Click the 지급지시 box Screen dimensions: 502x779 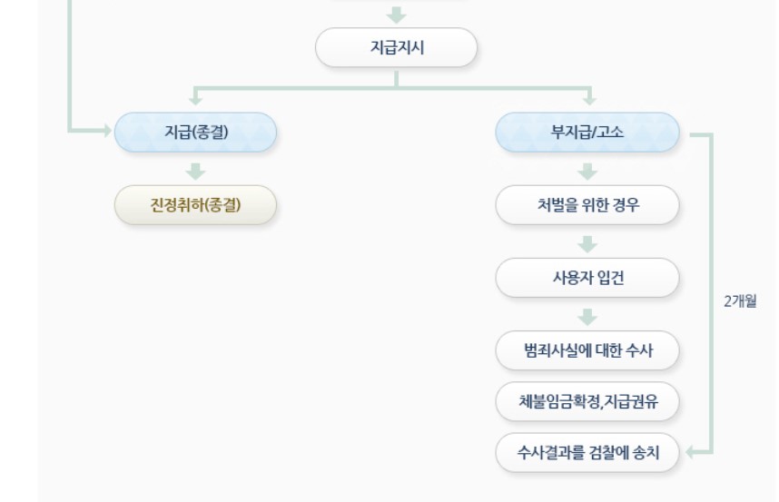click(x=396, y=47)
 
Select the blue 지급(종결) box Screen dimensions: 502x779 click(x=195, y=132)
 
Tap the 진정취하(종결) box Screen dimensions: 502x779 click(x=195, y=205)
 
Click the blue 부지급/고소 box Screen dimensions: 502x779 click(x=587, y=132)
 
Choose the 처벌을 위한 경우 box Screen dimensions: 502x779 click(x=587, y=205)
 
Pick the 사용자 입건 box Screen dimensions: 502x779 click(x=587, y=278)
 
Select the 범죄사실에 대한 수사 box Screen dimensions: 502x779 click(x=587, y=350)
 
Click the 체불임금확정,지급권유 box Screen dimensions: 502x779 click(x=587, y=401)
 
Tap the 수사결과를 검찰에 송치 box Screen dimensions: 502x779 click(x=587, y=452)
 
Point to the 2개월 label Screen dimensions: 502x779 click(x=738, y=301)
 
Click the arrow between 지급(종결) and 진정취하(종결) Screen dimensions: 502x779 click(x=195, y=170)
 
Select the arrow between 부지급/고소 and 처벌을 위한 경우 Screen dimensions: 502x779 click(x=587, y=170)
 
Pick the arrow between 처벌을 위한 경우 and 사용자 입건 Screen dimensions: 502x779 click(x=587, y=243)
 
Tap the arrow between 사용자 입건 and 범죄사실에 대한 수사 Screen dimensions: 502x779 click(x=587, y=316)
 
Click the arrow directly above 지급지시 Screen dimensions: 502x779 click(x=396, y=15)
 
